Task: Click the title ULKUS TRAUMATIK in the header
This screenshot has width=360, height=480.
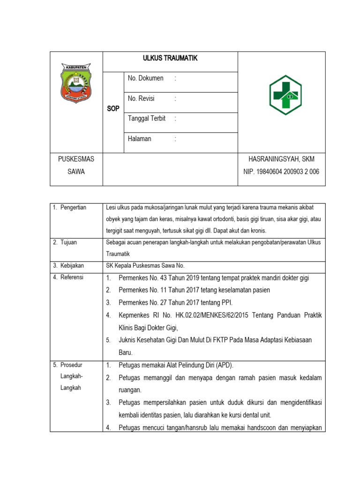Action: [170, 58]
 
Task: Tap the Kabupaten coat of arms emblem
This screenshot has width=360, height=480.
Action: [76, 84]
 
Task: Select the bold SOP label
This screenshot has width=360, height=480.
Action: [113, 108]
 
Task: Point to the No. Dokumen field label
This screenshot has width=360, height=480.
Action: [146, 78]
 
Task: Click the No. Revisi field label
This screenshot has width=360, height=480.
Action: [141, 98]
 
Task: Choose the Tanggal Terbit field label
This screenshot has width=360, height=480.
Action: [147, 119]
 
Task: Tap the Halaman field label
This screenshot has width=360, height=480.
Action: [140, 139]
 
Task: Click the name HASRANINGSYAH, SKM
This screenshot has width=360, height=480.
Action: [281, 159]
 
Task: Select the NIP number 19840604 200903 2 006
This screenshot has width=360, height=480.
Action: [281, 172]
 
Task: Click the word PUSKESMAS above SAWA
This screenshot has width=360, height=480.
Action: [76, 159]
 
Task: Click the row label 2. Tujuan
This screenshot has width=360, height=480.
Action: [66, 242]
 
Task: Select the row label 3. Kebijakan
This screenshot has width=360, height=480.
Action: [68, 266]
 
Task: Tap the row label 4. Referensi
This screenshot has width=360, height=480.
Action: [68, 277]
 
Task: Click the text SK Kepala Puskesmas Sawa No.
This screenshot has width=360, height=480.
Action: [147, 266]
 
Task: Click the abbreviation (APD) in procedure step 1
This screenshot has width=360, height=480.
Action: [224, 365]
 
